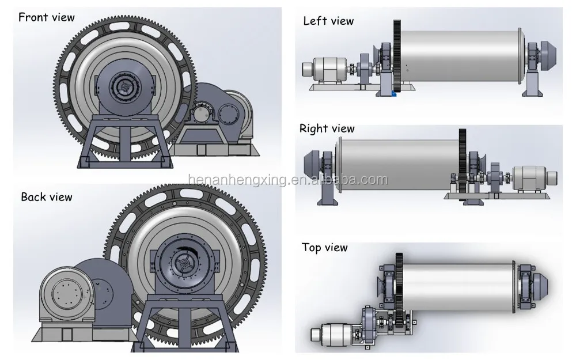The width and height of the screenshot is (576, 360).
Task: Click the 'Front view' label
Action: pyautogui.click(x=47, y=17)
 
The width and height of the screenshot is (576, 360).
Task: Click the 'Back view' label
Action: pyautogui.click(x=47, y=197)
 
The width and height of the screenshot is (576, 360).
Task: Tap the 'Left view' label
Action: pyautogui.click(x=328, y=21)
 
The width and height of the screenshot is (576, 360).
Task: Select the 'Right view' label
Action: pyautogui.click(x=327, y=128)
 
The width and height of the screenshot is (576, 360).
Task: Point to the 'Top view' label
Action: pyautogui.click(x=325, y=248)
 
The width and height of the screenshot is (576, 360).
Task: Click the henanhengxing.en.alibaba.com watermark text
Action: pyautogui.click(x=288, y=180)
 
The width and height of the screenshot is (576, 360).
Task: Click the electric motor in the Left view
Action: pyautogui.click(x=325, y=68)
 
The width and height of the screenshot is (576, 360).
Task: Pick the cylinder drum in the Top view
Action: pyautogui.click(x=461, y=286)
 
